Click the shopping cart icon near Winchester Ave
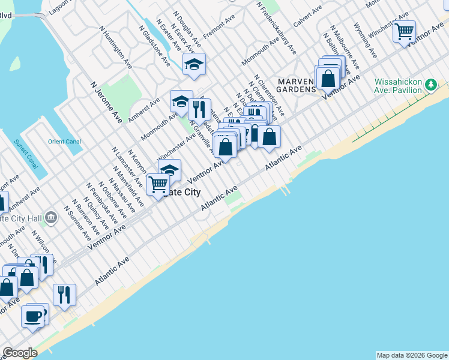coord(405,31)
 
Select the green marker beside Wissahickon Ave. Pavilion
coord(430,85)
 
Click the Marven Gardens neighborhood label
coord(297,85)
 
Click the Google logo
coord(19,353)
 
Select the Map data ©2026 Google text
coord(411,355)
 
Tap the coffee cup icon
coord(32,316)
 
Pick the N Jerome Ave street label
coord(106,103)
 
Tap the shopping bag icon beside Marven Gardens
coord(328,78)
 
